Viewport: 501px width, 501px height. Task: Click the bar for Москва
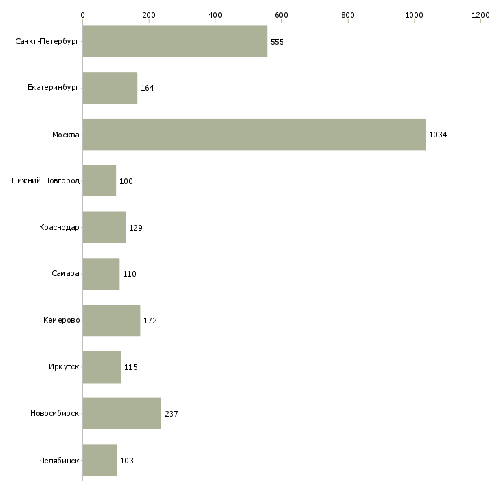254,135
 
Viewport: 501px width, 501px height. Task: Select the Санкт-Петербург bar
174,42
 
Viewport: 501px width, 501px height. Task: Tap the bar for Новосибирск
122,413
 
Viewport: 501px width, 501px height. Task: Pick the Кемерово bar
111,321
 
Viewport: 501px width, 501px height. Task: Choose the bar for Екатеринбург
110,88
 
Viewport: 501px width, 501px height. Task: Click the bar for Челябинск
100,460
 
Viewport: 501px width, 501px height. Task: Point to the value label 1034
438,135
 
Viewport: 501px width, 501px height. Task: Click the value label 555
277,42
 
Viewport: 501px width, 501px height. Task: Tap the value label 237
172,414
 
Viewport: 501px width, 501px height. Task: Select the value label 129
136,228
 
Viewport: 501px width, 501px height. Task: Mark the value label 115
131,367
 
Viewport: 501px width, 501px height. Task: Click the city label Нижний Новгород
46,181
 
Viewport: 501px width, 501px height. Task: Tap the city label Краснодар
59,228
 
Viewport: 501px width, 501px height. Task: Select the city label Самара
65,274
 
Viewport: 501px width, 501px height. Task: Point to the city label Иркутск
63,367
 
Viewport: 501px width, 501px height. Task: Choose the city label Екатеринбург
54,88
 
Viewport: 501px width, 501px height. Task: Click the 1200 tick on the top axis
480,15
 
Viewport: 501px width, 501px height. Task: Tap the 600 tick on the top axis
281,15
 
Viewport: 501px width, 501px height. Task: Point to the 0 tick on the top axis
82,15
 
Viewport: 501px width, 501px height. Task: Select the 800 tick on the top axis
348,15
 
